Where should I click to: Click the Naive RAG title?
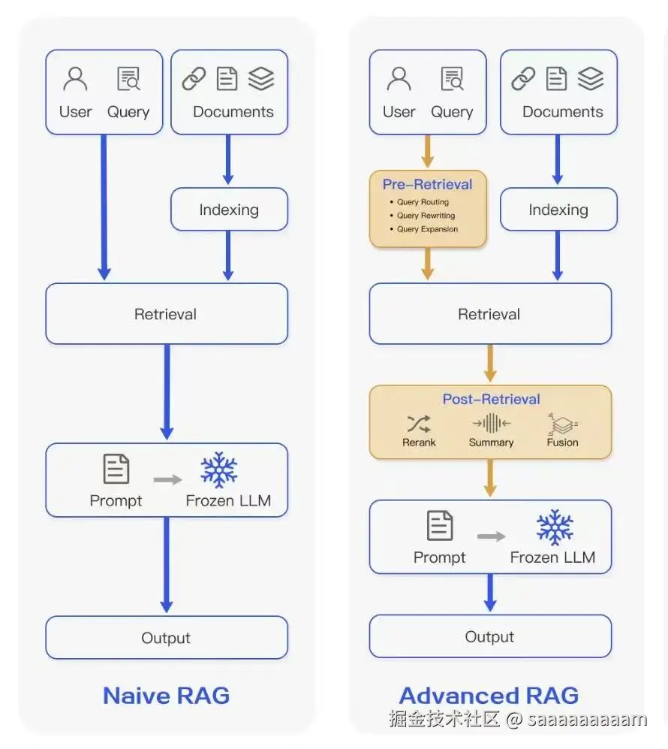pyautogui.click(x=166, y=695)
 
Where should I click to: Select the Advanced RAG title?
pyautogui.click(x=489, y=695)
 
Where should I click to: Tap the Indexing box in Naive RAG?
pyautogui.click(x=229, y=210)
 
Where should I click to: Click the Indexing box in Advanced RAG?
pyautogui.click(x=558, y=210)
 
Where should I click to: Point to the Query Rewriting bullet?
pyautogui.click(x=426, y=216)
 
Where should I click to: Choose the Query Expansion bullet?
pyautogui.click(x=427, y=229)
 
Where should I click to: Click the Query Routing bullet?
pyautogui.click(x=423, y=202)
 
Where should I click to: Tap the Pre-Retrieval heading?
pyautogui.click(x=428, y=184)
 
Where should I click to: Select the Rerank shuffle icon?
pyautogui.click(x=419, y=423)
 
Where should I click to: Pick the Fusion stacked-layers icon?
pyautogui.click(x=562, y=424)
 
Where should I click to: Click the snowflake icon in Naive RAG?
pyautogui.click(x=219, y=470)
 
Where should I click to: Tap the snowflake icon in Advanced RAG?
pyautogui.click(x=555, y=527)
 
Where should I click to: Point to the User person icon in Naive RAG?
pyautogui.click(x=75, y=79)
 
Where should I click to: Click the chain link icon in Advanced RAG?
pyautogui.click(x=523, y=79)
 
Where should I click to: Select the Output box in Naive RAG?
pyautogui.click(x=166, y=638)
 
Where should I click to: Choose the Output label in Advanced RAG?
pyautogui.click(x=489, y=637)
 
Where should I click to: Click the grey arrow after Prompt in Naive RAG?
pyautogui.click(x=167, y=479)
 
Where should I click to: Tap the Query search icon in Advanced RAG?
pyautogui.click(x=453, y=79)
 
